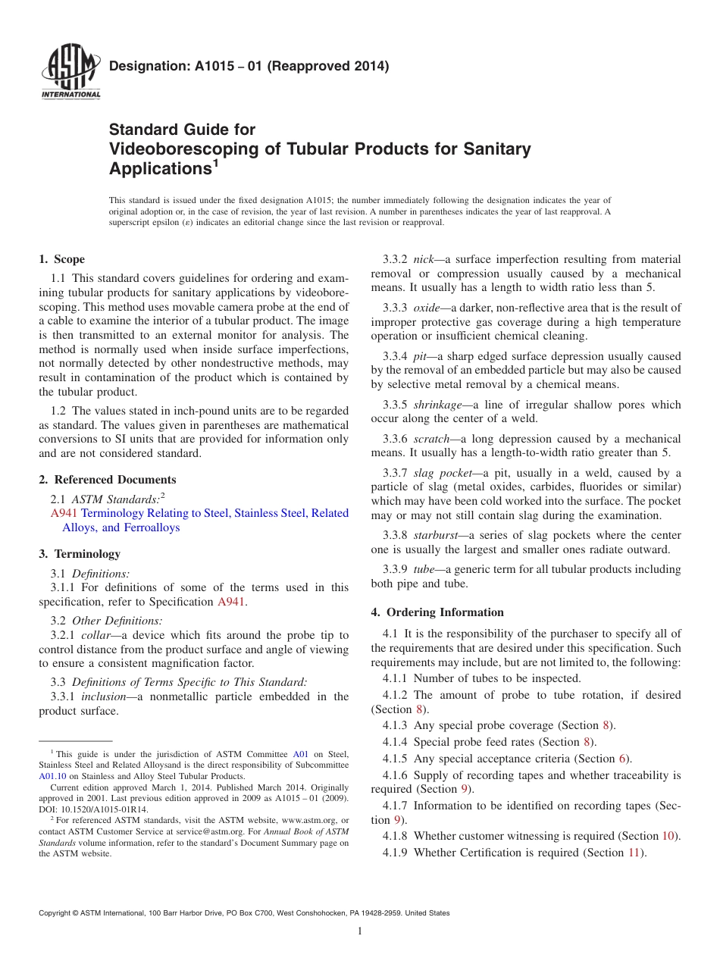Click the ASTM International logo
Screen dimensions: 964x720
[70, 73]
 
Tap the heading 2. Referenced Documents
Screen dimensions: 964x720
[108, 479]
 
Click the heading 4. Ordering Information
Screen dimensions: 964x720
[437, 612]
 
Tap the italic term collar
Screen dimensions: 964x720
[96, 634]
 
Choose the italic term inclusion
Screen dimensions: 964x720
[102, 696]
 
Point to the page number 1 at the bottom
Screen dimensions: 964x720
[360, 931]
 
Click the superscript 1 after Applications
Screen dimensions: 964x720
[215, 162]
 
